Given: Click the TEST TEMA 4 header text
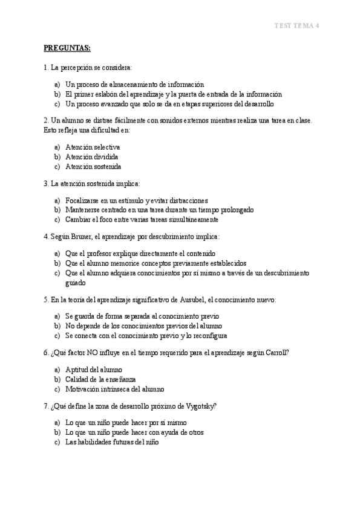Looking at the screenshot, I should click(x=296, y=25).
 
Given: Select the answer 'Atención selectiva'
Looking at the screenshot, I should click(x=93, y=147).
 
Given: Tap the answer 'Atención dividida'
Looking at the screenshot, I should click(x=91, y=156).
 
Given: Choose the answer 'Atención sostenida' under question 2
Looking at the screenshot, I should click(x=93, y=166).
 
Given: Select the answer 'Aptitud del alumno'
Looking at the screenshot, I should click(x=94, y=369).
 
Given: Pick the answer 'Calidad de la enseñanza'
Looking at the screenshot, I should click(x=101, y=379).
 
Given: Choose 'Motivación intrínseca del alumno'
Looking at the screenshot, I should click(x=114, y=388).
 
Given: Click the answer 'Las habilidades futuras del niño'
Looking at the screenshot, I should click(x=112, y=441).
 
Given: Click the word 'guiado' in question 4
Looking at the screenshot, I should click(x=76, y=282).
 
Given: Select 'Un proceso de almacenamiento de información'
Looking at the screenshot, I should click(x=134, y=84).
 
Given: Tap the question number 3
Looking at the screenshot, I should click(x=46, y=183).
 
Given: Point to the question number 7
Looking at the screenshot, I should click(x=46, y=405).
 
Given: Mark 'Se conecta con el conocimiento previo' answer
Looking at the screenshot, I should click(x=146, y=335).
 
